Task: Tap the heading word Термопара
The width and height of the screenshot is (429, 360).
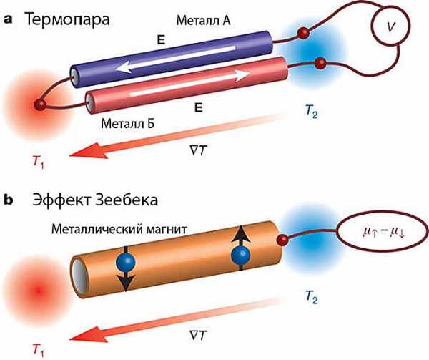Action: coord(67,20)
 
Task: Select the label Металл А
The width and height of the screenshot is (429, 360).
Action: coord(203,21)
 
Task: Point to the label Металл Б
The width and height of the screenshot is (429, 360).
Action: coord(128,124)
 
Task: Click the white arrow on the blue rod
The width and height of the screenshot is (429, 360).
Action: coord(175,59)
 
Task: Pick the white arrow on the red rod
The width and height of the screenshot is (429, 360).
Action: coord(189,84)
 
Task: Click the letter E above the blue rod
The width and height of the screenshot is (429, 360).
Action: coord(161,41)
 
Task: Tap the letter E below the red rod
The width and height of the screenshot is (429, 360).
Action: coord(198,108)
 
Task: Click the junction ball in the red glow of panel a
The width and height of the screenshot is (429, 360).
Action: coord(40,105)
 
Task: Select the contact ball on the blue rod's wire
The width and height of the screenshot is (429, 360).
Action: coord(303,33)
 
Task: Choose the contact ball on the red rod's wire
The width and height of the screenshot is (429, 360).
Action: coord(320,64)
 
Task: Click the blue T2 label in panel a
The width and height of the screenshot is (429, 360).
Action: coord(311,111)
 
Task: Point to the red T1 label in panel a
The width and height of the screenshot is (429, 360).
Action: coord(39,162)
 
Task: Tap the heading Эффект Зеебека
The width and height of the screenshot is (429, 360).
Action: coord(95,200)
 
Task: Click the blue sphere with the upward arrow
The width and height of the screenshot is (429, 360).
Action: coord(241,255)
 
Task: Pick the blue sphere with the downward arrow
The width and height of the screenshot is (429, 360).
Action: coord(126,263)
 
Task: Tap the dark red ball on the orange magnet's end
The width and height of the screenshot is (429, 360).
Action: coord(282,240)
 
